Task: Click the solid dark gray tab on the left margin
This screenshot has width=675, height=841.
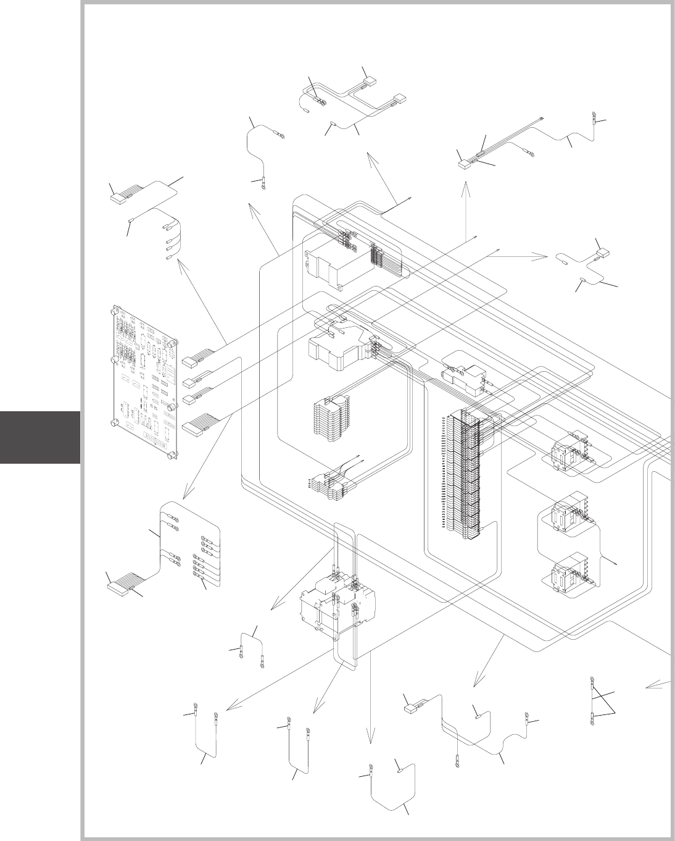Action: coord(39,437)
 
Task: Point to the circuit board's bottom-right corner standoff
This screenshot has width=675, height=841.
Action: coord(170,456)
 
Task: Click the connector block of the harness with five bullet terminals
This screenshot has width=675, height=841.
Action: coord(118,199)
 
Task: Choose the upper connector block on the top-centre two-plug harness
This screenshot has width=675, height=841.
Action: coord(369,79)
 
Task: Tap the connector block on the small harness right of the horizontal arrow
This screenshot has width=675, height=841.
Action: coord(602,253)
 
